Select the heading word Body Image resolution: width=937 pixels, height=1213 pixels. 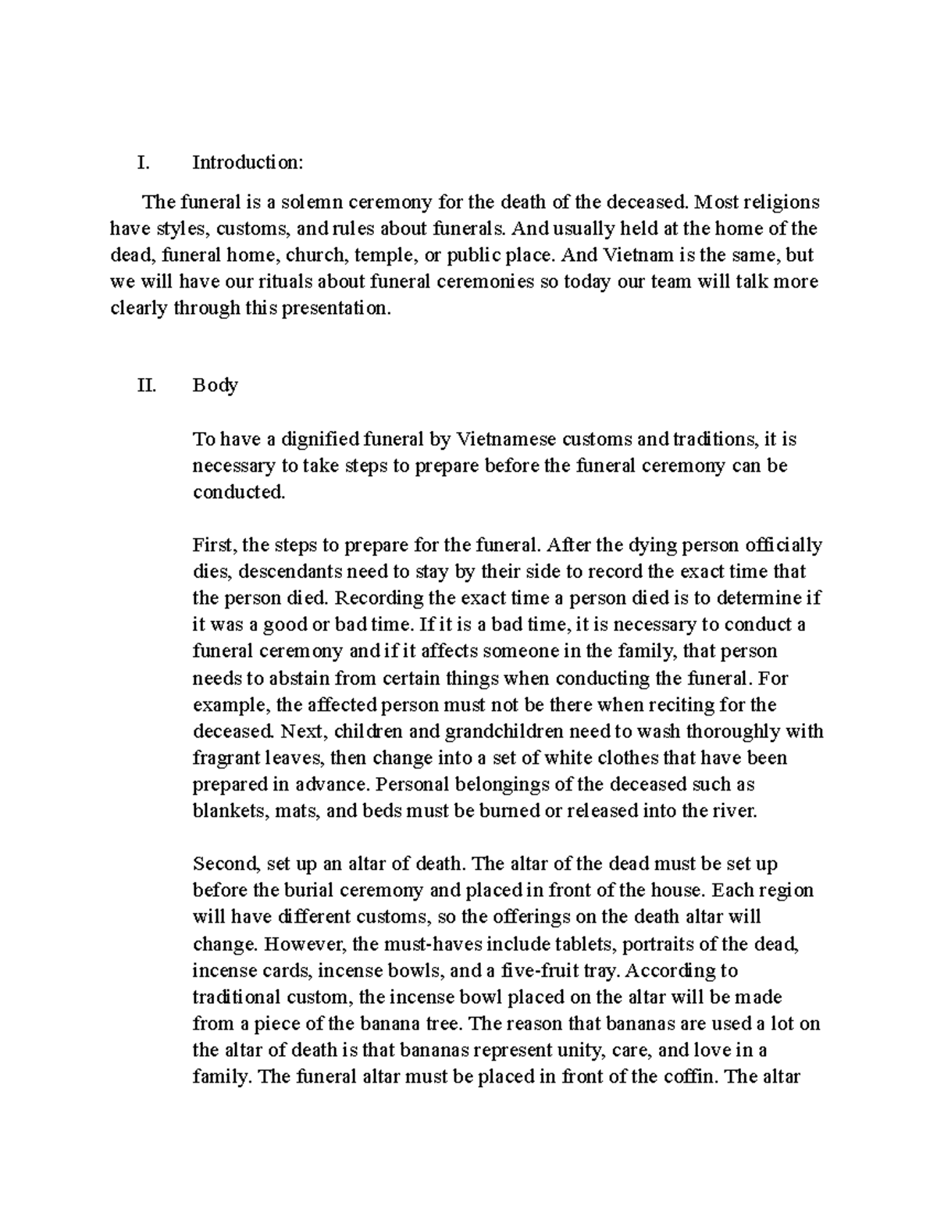coord(215,385)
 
